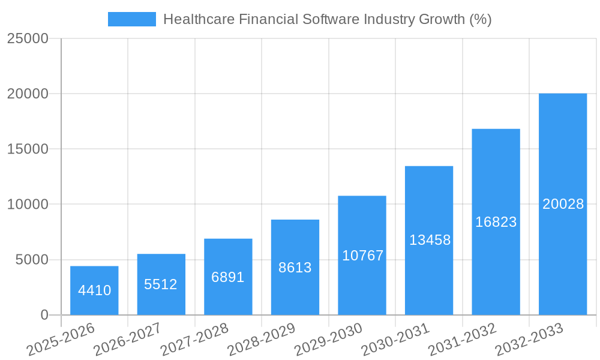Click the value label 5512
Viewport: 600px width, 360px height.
161,284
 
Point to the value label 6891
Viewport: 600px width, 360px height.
228,277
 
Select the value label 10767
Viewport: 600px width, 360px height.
362,256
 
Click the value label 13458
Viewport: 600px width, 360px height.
430,241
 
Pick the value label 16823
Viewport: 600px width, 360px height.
496,222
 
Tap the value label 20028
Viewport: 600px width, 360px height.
563,204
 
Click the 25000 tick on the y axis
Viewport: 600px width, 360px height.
28,38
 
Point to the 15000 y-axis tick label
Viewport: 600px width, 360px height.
28,149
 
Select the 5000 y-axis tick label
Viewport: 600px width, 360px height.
32,260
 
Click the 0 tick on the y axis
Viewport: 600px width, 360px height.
44,315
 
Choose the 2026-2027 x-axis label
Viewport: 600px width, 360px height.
127,340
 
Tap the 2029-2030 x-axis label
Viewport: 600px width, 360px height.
328,340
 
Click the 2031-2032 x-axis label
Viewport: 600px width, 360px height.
461,340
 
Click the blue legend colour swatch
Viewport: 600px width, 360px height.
132,19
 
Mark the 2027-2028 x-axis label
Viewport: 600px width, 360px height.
194,340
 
